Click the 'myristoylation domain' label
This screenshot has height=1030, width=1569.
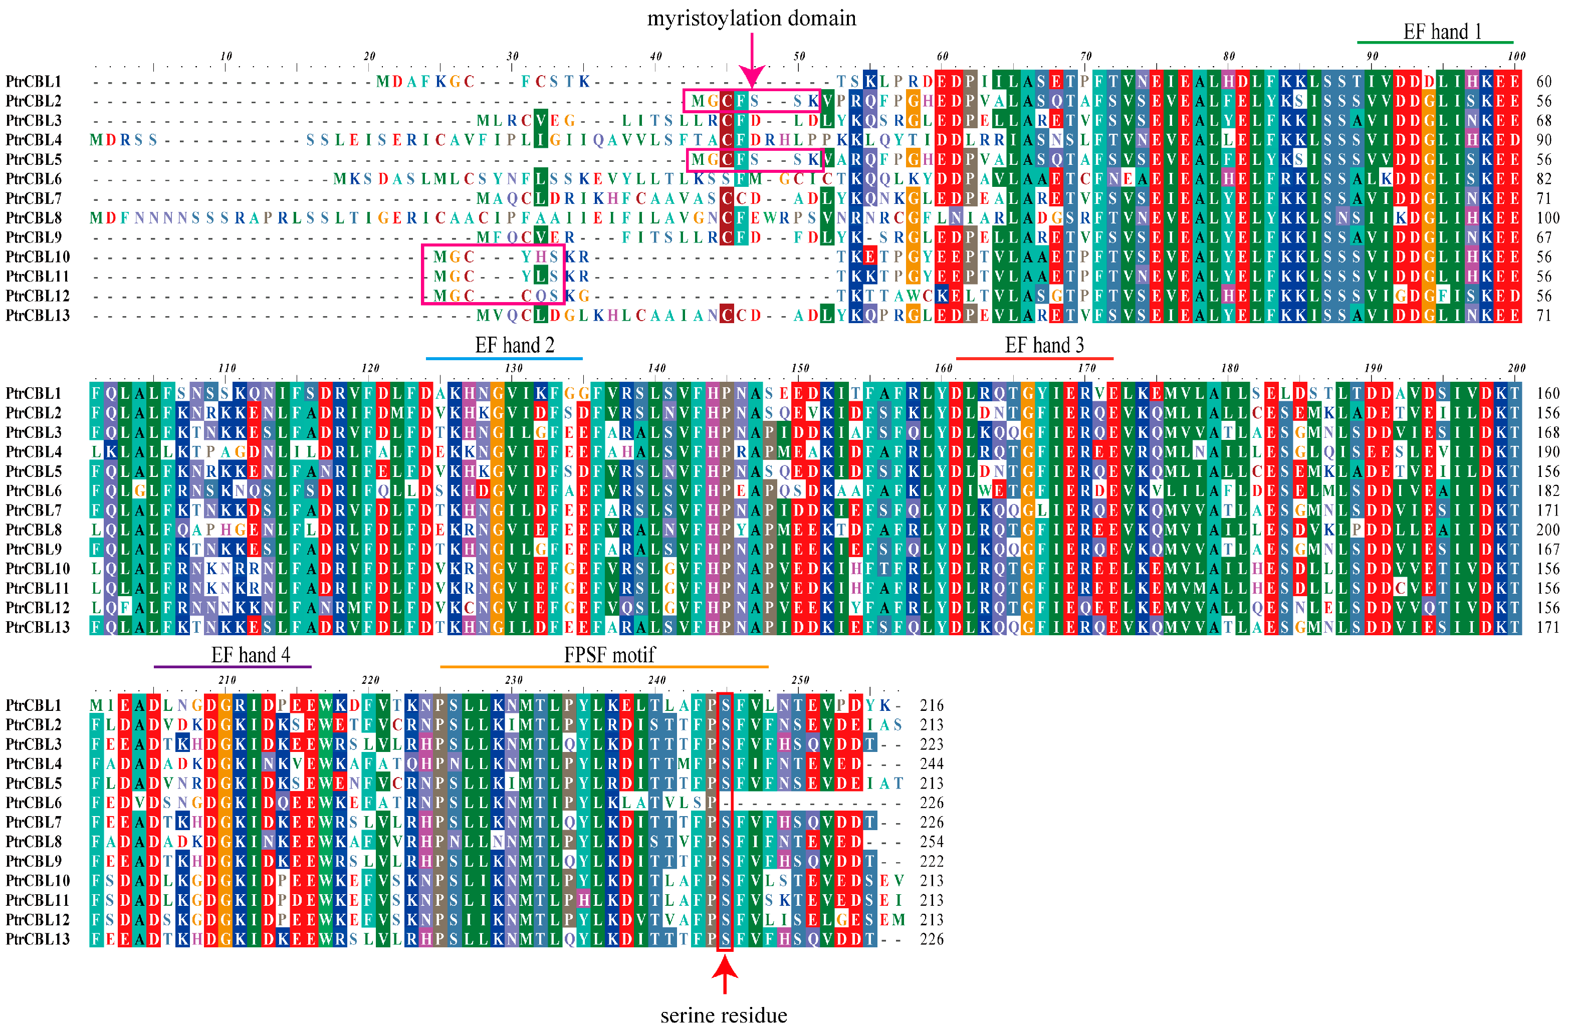tap(752, 19)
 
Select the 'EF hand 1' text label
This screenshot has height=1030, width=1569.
tap(1442, 32)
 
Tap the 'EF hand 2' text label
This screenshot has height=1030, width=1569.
tap(515, 345)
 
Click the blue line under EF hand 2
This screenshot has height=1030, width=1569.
tap(504, 359)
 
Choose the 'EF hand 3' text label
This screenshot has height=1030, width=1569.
tap(1044, 345)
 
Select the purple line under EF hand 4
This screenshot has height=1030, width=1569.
tap(233, 667)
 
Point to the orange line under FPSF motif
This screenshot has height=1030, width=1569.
tap(604, 667)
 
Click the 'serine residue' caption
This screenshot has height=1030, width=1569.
tap(724, 1015)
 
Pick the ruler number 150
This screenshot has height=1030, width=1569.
tap(800, 368)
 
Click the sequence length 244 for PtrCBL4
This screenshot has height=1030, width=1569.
tap(932, 764)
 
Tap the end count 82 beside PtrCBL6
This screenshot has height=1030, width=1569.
tap(1544, 179)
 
